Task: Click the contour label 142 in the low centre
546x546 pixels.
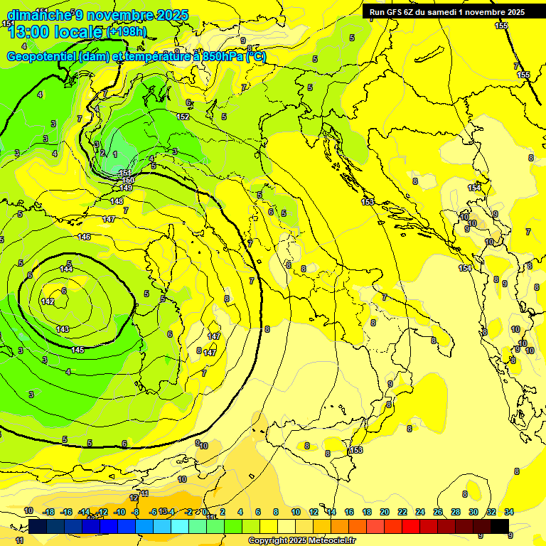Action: [x=48, y=302]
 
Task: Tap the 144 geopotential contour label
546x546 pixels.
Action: [x=66, y=269]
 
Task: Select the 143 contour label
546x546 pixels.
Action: [x=63, y=329]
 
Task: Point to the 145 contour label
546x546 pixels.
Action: [x=78, y=350]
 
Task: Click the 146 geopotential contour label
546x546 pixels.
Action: [x=84, y=237]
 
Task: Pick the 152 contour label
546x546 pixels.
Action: [x=183, y=117]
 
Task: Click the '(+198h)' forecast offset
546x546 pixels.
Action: [x=127, y=32]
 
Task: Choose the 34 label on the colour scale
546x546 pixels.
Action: [x=509, y=512]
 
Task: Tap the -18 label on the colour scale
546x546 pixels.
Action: [x=48, y=512]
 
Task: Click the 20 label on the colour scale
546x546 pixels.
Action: [x=385, y=512]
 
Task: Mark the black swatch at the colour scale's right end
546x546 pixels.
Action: [x=500, y=526]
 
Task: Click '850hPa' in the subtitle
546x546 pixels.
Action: [x=220, y=57]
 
